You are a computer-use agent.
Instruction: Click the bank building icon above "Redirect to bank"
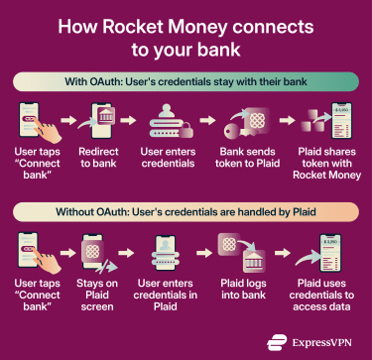coord(96,121)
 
